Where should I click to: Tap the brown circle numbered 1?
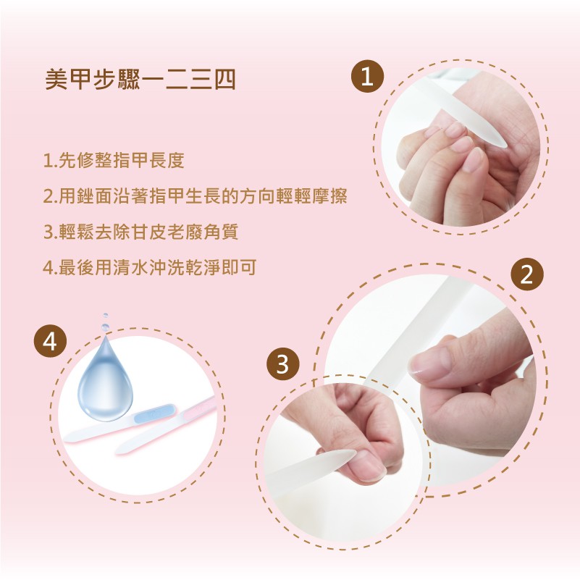[367, 77]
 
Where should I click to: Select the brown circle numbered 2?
[527, 274]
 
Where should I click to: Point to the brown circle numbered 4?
[50, 341]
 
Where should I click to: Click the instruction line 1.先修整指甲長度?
[114, 160]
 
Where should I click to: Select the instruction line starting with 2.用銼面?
[196, 196]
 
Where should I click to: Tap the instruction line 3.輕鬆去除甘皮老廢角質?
[140, 232]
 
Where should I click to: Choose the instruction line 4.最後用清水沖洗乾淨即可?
[150, 267]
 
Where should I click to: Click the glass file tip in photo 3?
[350, 453]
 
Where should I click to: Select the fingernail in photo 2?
[421, 363]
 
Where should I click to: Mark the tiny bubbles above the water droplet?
[106, 321]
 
